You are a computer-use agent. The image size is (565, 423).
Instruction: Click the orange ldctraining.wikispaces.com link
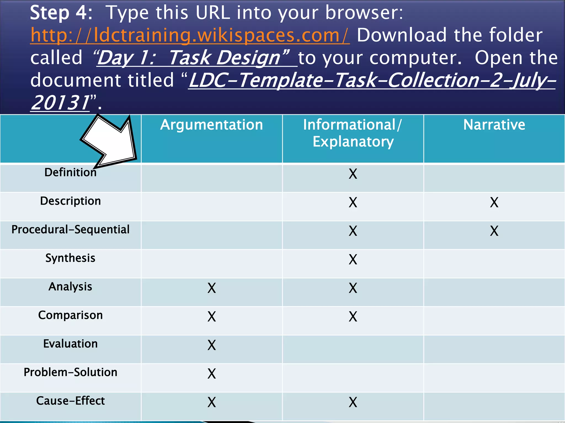(190, 35)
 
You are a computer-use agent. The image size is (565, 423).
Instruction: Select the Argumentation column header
(212, 125)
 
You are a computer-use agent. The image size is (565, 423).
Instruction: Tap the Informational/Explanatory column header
(353, 133)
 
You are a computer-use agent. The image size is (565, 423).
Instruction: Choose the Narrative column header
(494, 125)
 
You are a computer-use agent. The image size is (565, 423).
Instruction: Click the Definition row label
(70, 173)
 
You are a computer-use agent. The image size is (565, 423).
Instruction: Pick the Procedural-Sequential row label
(70, 230)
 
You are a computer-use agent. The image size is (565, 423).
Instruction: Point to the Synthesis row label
(70, 258)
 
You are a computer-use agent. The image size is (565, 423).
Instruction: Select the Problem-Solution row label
(70, 372)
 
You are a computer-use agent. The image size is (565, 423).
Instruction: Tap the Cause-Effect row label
(70, 401)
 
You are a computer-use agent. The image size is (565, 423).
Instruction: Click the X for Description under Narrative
(494, 202)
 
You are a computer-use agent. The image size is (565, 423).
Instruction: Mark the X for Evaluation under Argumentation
(212, 345)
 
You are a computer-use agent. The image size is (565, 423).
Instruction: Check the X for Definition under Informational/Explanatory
(353, 174)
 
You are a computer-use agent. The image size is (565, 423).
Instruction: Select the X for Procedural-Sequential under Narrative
(494, 231)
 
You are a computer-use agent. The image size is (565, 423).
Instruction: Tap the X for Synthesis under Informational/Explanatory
(353, 259)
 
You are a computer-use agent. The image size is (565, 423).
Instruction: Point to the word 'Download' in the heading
(401, 35)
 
